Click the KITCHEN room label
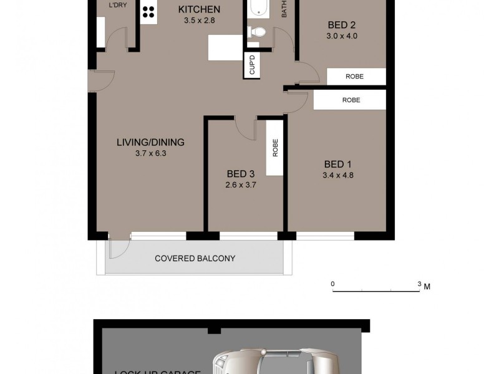[199, 9]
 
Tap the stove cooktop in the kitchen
[149, 11]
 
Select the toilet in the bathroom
[257, 32]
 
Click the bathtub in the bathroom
[257, 8]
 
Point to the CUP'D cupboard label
[252, 65]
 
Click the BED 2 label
[341, 26]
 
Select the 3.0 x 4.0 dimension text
[341, 36]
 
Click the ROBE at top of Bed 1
[351, 100]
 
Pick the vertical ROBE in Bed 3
[274, 147]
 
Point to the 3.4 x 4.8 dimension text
[339, 175]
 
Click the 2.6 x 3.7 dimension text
[241, 185]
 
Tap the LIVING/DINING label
[150, 142]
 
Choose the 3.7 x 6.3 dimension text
[150, 153]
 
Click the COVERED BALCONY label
[195, 258]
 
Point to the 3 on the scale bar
[419, 284]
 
